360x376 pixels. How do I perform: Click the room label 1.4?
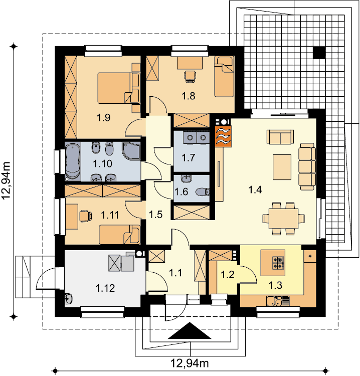point(255,190)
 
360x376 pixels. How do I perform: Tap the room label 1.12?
point(105,288)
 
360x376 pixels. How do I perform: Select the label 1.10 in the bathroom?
point(102,163)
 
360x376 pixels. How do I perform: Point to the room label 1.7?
point(189,158)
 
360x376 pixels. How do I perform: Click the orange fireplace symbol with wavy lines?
point(223,136)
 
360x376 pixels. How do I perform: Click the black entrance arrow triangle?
point(190,330)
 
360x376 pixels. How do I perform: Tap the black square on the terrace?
point(319,53)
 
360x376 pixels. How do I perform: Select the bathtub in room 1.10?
point(73,161)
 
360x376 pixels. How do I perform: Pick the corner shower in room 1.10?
point(131,150)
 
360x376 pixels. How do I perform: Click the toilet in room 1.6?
point(203,192)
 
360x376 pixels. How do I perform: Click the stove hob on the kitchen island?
point(278,263)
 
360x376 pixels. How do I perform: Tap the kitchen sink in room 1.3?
point(274,301)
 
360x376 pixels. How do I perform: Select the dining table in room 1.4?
point(283,219)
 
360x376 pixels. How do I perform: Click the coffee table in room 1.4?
point(282,167)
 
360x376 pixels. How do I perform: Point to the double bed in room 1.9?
point(115,88)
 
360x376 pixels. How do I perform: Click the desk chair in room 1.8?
point(190,77)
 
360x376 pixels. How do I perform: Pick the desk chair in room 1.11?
point(85,216)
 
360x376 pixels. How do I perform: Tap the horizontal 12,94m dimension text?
point(190,363)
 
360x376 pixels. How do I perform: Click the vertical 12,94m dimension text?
point(7,180)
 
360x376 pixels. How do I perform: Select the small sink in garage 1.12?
point(69,299)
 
